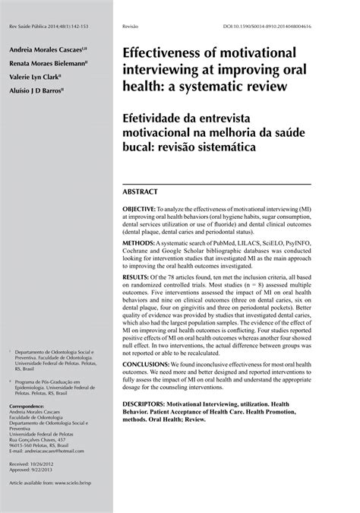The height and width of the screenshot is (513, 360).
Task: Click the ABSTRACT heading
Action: coord(141,192)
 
